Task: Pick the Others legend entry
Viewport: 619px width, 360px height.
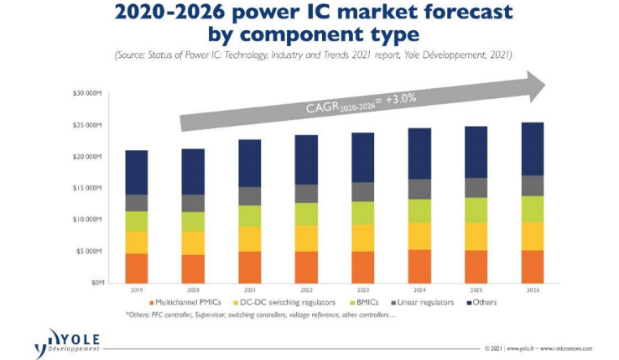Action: click(484, 302)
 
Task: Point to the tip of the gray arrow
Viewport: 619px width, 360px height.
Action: click(545, 84)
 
